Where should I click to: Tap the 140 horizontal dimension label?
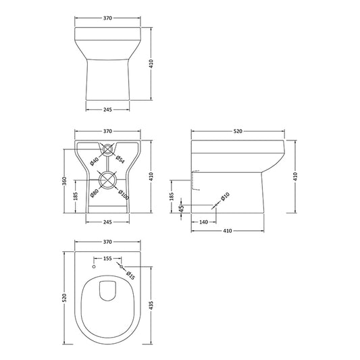[203, 221]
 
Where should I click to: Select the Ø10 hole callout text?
[226, 195]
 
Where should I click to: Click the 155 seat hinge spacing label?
[107, 259]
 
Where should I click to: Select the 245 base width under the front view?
[107, 109]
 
